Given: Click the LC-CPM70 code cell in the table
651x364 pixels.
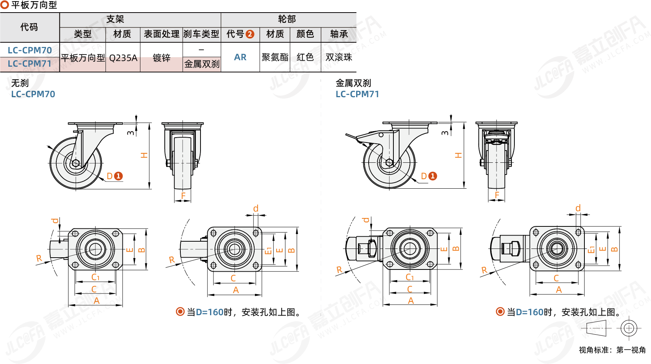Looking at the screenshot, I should (x=30, y=50).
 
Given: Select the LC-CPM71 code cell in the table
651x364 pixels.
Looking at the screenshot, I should (x=30, y=64).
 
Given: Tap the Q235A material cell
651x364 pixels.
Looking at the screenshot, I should (x=123, y=58).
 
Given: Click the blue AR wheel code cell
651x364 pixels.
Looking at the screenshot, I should (x=240, y=57).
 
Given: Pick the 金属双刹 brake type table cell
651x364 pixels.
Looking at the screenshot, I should (x=202, y=64).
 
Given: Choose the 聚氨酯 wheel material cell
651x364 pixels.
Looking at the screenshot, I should (x=275, y=57).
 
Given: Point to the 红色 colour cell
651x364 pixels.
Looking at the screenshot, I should (x=305, y=57).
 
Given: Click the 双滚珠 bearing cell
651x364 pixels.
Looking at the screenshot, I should (x=339, y=57).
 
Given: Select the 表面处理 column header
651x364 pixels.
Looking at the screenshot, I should (x=161, y=34).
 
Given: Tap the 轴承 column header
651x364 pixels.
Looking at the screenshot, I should (x=339, y=34).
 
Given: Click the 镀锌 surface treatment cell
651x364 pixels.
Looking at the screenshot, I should (x=161, y=58).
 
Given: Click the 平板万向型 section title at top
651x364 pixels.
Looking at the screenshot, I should (x=34, y=5).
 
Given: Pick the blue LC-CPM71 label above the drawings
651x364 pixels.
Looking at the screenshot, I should (x=357, y=94).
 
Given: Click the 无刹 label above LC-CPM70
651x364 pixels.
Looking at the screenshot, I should (x=20, y=83).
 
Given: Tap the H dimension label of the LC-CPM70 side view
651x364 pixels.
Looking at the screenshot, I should (x=144, y=155).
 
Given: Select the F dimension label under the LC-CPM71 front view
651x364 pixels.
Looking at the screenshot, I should (x=497, y=195).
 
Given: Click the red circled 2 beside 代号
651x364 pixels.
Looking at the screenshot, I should (x=250, y=34).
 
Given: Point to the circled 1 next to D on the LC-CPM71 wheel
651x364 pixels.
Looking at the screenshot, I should (x=433, y=176).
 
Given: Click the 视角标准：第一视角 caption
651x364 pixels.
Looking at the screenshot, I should (x=612, y=350).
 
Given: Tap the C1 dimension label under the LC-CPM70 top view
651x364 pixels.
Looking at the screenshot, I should (x=95, y=277).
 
